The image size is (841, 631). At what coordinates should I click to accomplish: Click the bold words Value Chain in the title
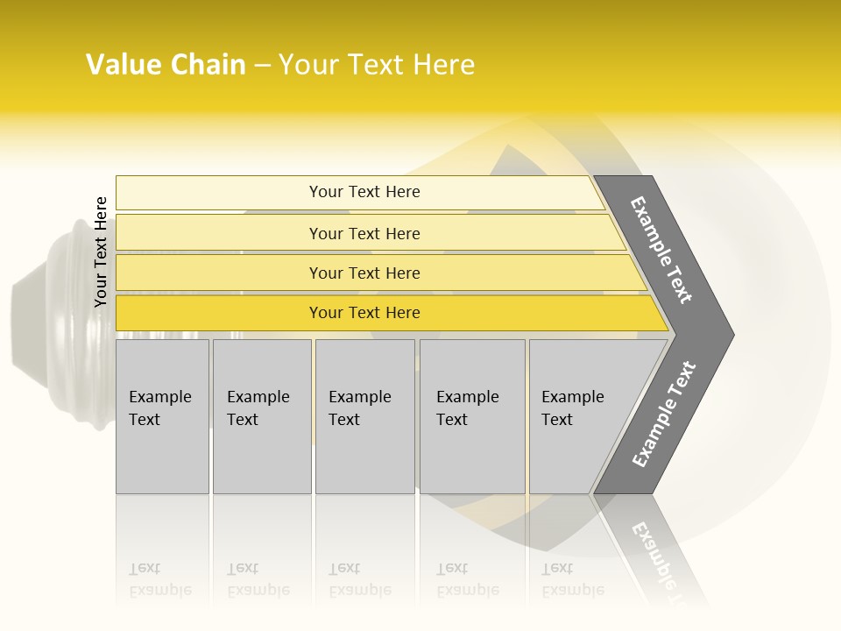click(166, 65)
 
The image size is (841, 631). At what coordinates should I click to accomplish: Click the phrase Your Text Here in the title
click(377, 65)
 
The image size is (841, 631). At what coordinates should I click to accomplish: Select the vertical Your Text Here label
click(101, 252)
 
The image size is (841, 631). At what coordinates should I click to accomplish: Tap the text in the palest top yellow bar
click(364, 192)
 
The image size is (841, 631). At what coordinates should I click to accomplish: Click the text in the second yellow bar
click(364, 234)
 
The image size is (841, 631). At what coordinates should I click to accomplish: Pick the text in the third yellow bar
click(364, 273)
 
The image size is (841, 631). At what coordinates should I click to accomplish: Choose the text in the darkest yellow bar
click(364, 313)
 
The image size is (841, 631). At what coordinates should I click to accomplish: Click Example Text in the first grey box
click(159, 408)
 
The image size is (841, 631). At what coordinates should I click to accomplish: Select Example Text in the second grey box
click(258, 408)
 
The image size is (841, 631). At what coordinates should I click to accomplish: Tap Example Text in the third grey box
click(359, 408)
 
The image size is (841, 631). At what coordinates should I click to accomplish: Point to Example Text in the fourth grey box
click(467, 408)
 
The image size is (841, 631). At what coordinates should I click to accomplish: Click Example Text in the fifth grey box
click(572, 408)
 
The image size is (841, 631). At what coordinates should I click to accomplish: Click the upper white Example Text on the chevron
click(661, 250)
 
